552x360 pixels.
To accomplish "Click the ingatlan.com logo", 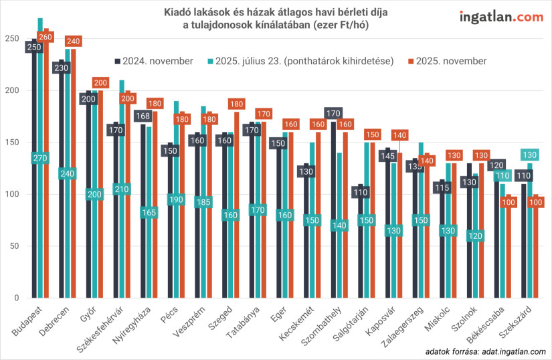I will click(501, 17).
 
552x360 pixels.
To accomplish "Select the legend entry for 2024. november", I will click(153, 61).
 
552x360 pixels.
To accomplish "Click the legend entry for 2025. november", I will click(446, 61).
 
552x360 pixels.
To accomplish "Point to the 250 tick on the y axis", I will click(11, 39).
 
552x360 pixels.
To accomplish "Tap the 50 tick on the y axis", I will click(13, 246).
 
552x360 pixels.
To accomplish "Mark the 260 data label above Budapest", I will click(45, 37).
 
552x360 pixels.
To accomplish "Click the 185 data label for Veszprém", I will click(203, 202).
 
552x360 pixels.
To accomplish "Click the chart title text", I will click(276, 19).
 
